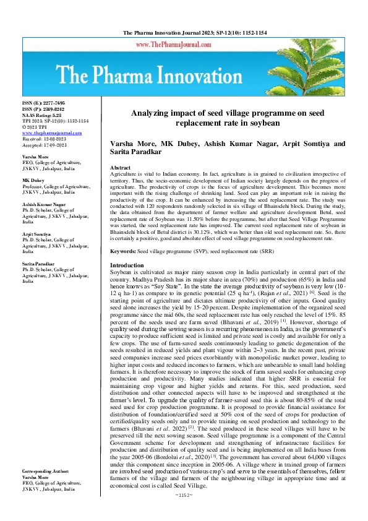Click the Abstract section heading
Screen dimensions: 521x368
click(x=120, y=168)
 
